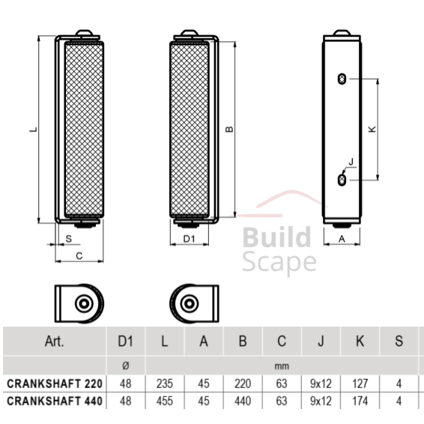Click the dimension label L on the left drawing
point(32,129)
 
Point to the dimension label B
point(230,129)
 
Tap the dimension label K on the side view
point(372,129)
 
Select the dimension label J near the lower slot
point(351,163)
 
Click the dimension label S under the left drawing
point(69,238)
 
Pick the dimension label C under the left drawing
point(79,255)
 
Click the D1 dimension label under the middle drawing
point(190,239)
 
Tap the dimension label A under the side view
point(342,239)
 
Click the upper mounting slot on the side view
point(342,79)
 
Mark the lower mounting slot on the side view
point(342,180)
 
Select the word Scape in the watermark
point(279,263)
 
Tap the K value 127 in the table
point(360,383)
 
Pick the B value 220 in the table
point(242,383)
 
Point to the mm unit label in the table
point(281,366)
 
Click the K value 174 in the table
point(360,401)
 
